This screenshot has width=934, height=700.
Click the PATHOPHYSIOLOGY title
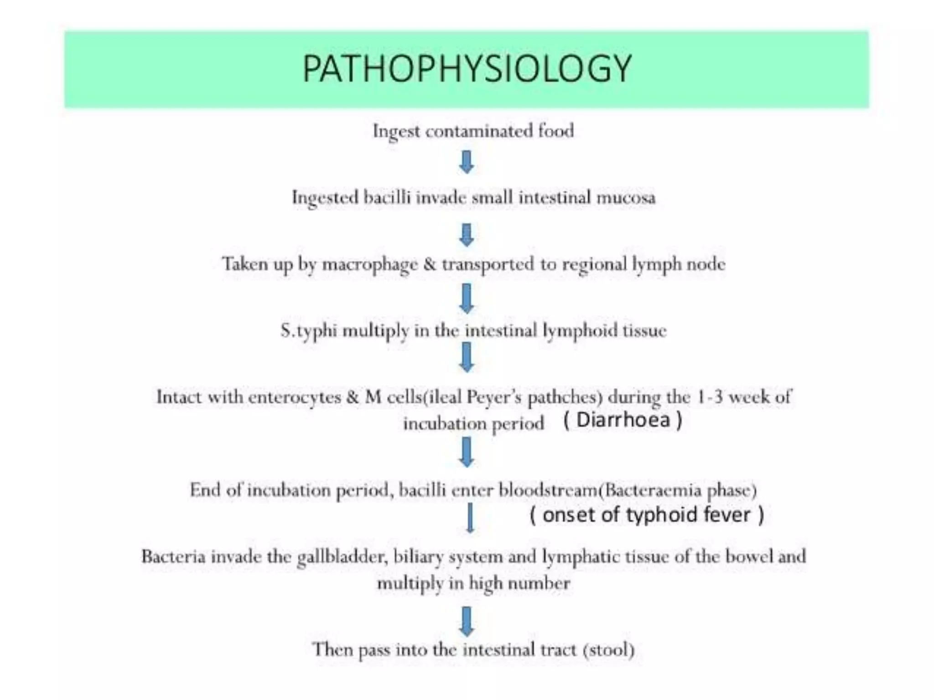coord(467,69)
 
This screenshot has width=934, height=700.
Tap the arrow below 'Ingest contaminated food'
coord(466,162)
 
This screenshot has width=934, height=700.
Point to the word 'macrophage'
coord(370,265)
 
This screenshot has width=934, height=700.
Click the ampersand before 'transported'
coord(430,264)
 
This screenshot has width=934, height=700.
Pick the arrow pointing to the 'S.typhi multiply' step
coord(466,298)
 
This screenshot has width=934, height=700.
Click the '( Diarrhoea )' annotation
coord(623,420)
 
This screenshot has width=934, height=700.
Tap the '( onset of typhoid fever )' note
coord(646,515)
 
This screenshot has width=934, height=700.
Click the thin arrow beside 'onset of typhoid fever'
coord(470,518)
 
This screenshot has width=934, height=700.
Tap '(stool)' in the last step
coord(609,649)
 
